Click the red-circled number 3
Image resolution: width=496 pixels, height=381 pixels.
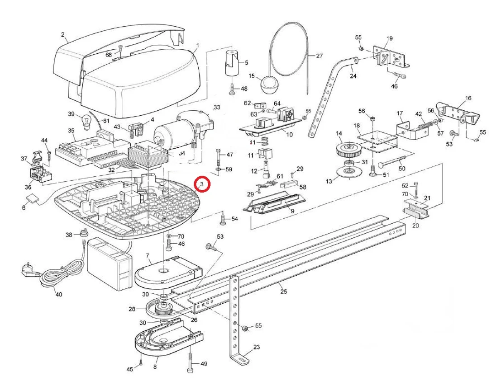[x=202, y=184]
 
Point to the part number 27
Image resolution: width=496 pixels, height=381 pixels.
[x=319, y=56]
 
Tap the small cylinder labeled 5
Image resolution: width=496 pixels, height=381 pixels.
[x=232, y=63]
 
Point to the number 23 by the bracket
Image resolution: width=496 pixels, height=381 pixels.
[x=257, y=348]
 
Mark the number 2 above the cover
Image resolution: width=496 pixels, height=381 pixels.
[x=62, y=34]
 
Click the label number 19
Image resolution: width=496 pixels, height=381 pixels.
[x=389, y=38]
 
